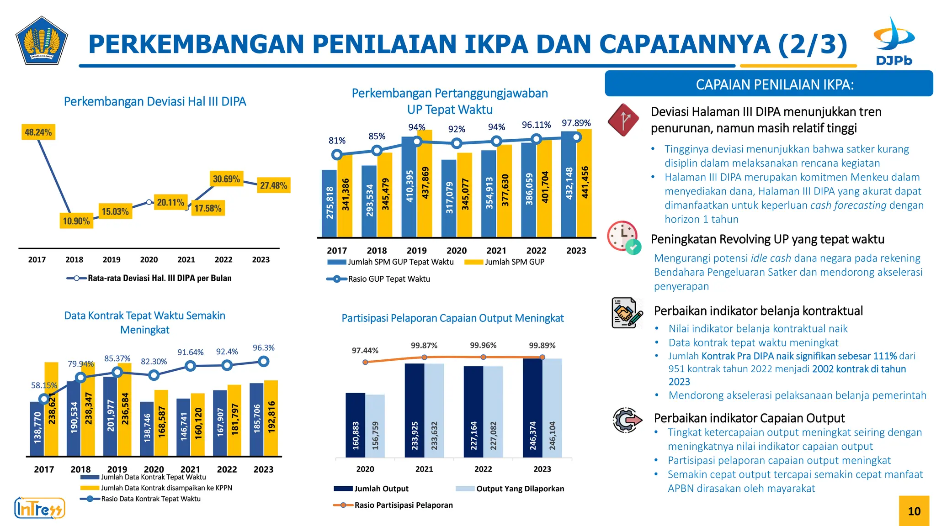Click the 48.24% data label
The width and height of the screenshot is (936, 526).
38,132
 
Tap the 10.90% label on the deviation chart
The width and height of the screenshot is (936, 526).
76,221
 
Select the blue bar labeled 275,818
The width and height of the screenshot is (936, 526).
329,203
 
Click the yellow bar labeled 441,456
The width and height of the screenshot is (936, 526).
585,183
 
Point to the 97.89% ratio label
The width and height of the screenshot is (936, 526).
576,123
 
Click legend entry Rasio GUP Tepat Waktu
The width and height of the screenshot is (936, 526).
388,279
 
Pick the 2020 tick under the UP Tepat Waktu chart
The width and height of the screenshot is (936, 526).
456,251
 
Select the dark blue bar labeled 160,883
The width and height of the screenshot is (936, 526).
355,425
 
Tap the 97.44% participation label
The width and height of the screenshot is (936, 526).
365,351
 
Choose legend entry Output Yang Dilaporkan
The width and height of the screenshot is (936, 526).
520,489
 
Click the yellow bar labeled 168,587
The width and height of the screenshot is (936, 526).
161,422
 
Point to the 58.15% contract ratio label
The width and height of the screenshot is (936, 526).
44,385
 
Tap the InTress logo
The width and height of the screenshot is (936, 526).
40,508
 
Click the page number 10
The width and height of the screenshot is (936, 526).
914,511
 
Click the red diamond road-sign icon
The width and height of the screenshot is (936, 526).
623,120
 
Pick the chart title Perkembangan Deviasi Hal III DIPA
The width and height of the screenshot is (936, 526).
155,101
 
